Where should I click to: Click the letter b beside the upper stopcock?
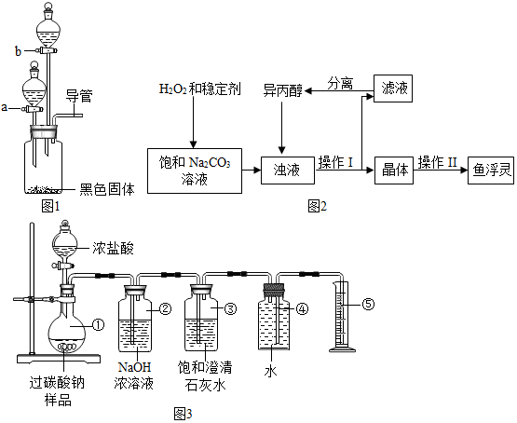[x=19, y=51]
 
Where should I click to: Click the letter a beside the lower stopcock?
[x=5, y=107]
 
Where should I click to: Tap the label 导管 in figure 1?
[x=79, y=96]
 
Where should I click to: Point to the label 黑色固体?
[x=107, y=189]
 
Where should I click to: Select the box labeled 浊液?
[x=288, y=171]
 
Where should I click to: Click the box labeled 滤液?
[x=393, y=89]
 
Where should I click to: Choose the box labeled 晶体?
[x=394, y=171]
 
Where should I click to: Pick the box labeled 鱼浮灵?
[x=491, y=171]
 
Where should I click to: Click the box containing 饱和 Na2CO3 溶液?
[x=195, y=171]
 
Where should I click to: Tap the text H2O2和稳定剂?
[x=199, y=89]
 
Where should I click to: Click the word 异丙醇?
[x=282, y=90]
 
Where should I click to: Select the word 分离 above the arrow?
[x=340, y=83]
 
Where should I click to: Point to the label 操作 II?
[x=438, y=162]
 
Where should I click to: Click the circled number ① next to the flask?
[x=98, y=325]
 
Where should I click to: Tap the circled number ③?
[x=230, y=308]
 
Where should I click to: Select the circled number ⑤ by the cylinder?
[x=368, y=304]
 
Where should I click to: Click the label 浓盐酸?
[x=113, y=248]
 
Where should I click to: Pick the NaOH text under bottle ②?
[x=134, y=367]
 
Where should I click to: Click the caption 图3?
[x=183, y=414]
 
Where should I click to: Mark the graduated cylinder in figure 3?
[x=343, y=317]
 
